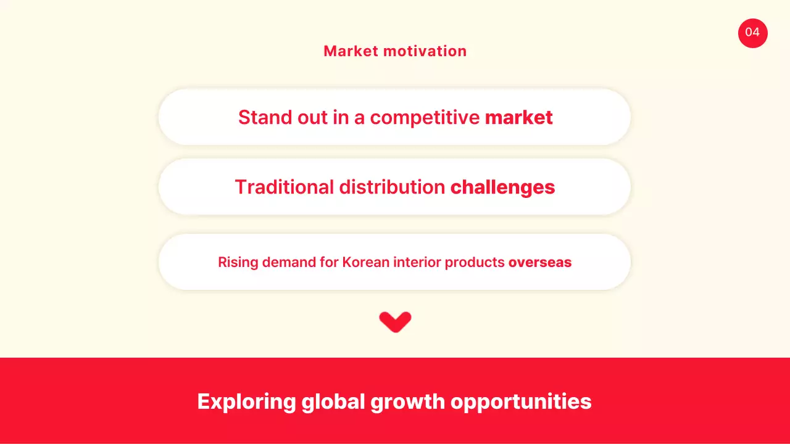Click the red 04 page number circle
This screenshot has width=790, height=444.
752,33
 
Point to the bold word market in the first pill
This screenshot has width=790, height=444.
518,117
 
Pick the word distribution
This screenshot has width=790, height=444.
393,187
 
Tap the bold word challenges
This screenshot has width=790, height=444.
502,187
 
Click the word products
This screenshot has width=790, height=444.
475,262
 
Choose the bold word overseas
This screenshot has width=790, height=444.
540,262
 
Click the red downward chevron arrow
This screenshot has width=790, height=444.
395,322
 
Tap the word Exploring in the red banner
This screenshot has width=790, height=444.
246,401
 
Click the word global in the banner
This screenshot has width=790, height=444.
333,401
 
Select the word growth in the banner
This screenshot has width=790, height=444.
407,401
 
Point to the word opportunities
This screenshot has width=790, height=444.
521,401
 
